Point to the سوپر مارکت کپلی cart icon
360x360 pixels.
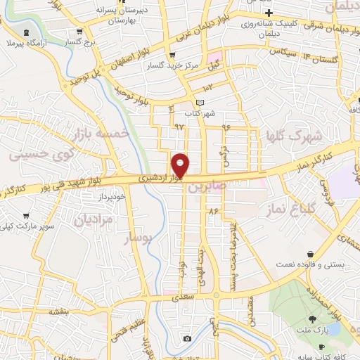point(26,216)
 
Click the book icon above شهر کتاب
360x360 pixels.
point(201,103)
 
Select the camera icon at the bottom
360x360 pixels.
point(187,339)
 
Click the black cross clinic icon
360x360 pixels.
point(269,14)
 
